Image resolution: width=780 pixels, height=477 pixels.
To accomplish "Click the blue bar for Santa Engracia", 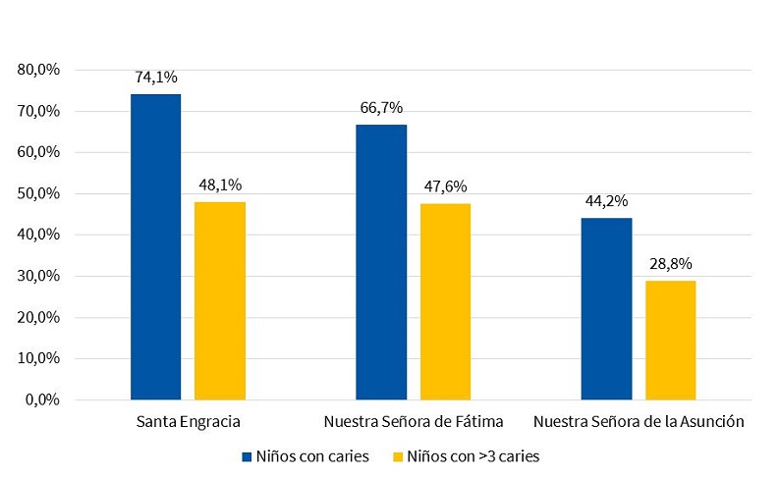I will tap(155, 246).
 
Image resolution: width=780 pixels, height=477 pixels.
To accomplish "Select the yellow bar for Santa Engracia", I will tap(220, 300).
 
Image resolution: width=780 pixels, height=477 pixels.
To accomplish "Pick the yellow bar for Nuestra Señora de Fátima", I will tap(445, 301).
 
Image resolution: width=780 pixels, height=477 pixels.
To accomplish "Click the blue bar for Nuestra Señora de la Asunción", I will tap(606, 308).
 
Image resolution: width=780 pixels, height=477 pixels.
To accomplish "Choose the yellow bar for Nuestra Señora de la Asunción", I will tap(671, 340).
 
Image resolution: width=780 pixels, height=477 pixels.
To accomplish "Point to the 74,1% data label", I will tap(155, 77).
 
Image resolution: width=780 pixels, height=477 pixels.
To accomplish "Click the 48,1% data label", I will tap(220, 184).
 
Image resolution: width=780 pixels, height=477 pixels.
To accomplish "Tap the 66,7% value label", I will tap(381, 107).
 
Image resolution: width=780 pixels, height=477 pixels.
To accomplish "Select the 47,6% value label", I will tap(445, 185).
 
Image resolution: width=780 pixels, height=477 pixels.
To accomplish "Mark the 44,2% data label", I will tap(606, 200).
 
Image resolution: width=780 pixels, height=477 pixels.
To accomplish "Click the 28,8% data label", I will tap(671, 263).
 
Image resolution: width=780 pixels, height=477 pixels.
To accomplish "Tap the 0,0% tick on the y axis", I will tap(42, 400).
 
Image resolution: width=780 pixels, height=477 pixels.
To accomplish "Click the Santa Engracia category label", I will tap(188, 422).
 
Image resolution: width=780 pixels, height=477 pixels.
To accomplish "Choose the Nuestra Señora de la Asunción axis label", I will tap(639, 422).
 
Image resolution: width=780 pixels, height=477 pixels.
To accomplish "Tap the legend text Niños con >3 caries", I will tap(474, 456).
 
